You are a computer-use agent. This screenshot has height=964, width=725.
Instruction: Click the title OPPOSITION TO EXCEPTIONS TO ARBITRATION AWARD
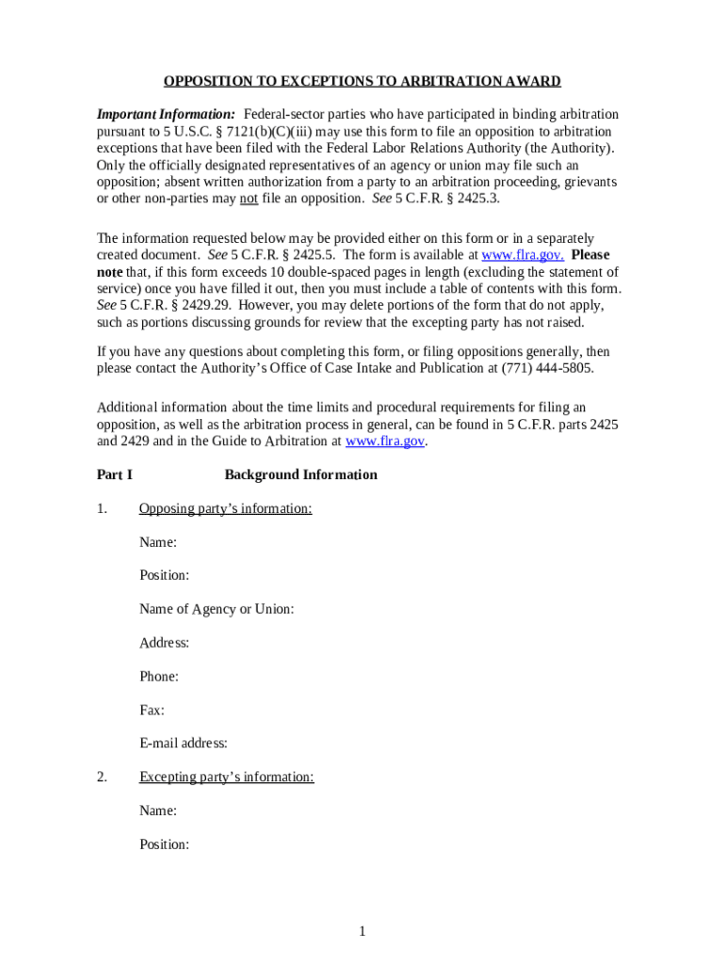coord(362,81)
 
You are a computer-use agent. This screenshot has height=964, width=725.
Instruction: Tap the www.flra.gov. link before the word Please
coord(523,255)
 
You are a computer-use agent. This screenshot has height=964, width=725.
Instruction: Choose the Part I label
coord(114,474)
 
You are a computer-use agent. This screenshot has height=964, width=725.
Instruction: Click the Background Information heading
coord(300,474)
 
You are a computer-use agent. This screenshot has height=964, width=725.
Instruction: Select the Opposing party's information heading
coord(225,509)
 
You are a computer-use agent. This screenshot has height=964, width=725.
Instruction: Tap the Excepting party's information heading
coord(226,778)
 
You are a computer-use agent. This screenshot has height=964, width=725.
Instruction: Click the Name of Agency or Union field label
coord(217,609)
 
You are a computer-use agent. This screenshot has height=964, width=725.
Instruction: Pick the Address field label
coord(164,643)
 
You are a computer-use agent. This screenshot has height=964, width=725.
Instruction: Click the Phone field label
coord(159,677)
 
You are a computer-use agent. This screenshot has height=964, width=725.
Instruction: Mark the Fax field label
coord(152,711)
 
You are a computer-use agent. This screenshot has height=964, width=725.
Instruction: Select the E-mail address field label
coord(184,744)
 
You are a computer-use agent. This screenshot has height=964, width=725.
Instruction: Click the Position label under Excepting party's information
coord(164,844)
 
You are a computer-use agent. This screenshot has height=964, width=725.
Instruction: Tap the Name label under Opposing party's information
coord(158,542)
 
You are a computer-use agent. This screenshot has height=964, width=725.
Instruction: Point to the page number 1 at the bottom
coord(362,932)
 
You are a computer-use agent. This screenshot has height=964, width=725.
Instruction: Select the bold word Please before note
coord(589,255)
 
